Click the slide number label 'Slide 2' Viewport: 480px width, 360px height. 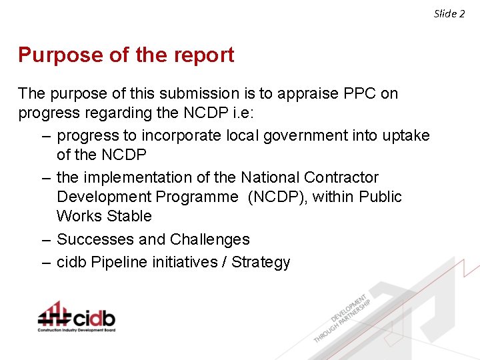tap(449, 13)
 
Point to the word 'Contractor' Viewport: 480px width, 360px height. tap(341, 177)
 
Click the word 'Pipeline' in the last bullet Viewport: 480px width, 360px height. tap(117, 262)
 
